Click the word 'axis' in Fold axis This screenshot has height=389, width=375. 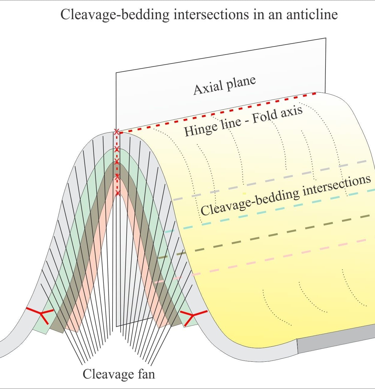click(x=292, y=113)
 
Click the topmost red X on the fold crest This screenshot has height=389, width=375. click(x=116, y=132)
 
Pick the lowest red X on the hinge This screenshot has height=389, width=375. click(x=118, y=193)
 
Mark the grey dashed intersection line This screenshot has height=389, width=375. click(x=270, y=180)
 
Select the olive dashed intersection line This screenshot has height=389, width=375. click(x=264, y=236)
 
